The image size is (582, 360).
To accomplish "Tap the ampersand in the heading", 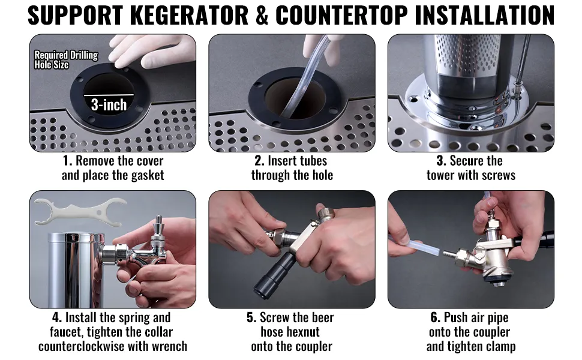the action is pos(262,15).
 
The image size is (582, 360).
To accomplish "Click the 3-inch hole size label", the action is pos(109,104).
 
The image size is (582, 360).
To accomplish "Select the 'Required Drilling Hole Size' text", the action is pos(66,60).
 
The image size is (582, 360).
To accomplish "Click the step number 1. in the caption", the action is pos(67,161).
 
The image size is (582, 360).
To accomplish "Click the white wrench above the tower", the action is pos(80,212).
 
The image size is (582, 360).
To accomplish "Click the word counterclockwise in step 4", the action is pos(86,347).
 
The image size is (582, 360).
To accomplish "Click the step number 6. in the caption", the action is pos(436,317).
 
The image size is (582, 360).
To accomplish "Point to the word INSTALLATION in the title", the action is pos(484,15).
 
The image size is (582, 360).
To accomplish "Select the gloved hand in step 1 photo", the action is pos(153,50).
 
